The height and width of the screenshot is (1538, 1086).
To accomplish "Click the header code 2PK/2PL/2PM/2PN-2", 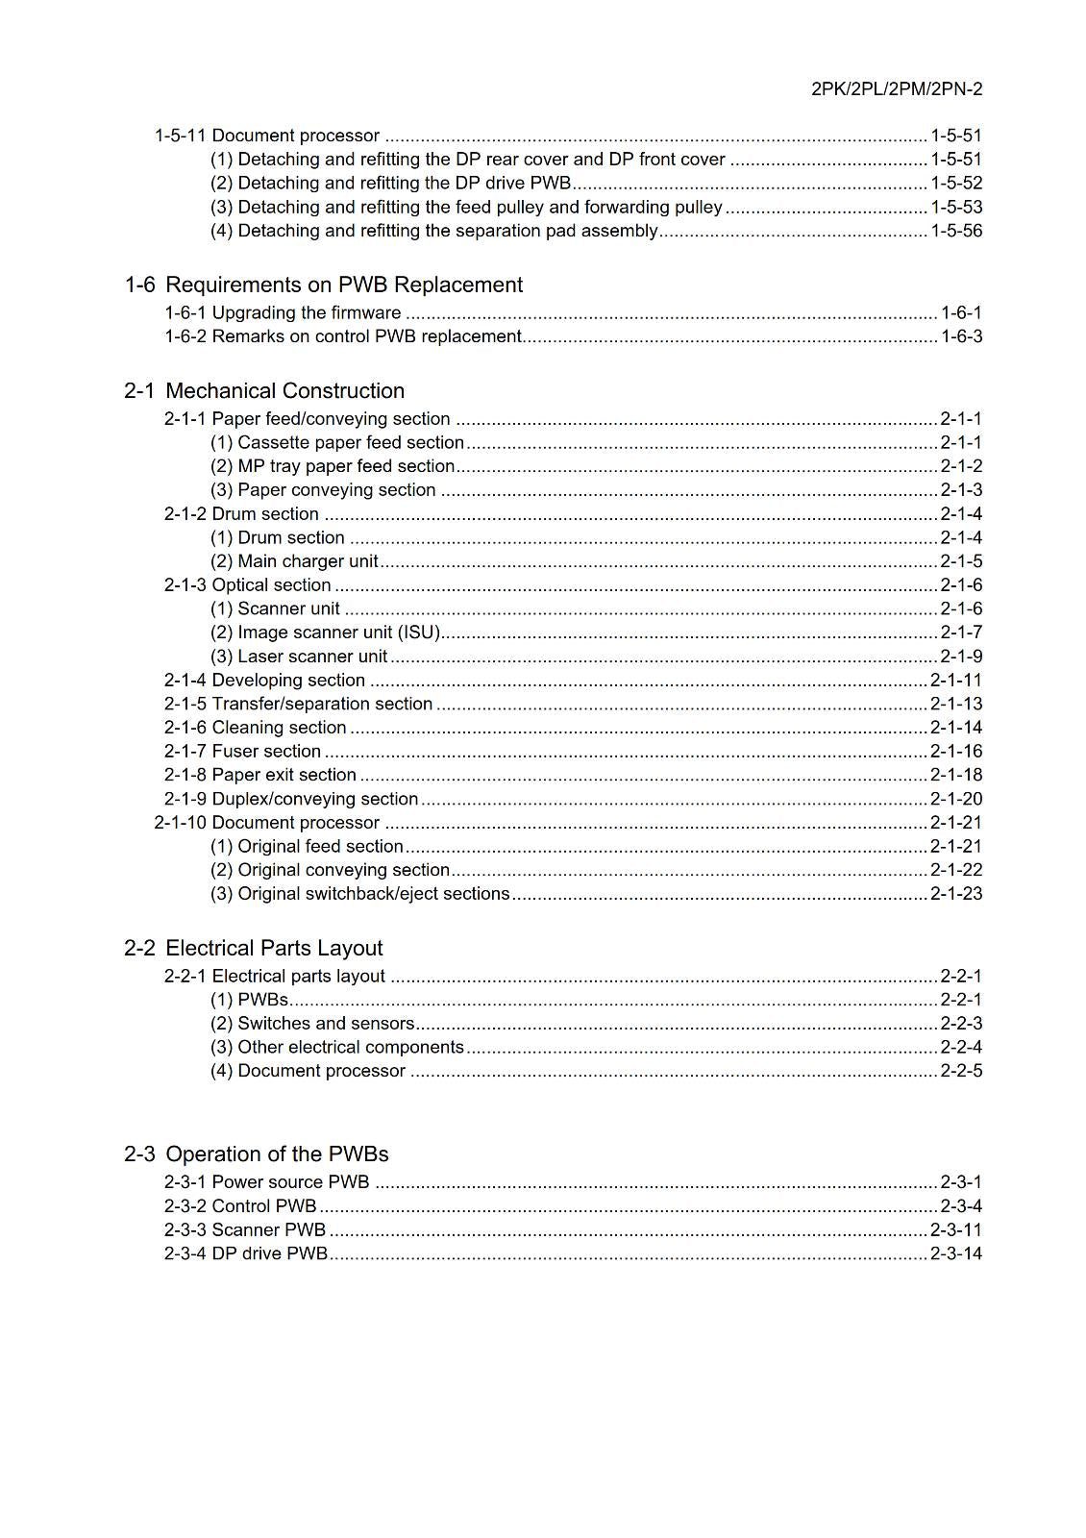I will point(896,89).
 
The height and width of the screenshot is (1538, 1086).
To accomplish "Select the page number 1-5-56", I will point(955,231).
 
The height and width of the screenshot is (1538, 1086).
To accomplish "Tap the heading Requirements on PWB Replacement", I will point(344,285).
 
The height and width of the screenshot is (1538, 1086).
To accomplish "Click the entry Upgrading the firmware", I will point(283,312).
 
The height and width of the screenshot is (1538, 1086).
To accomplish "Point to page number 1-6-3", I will point(960,336).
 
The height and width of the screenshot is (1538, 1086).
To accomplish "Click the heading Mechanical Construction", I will point(284,390).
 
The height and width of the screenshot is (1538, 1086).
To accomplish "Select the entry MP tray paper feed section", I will point(333,466).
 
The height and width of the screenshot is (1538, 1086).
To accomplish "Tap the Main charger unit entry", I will point(294,561).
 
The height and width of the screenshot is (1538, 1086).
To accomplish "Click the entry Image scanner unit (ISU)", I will point(325,633).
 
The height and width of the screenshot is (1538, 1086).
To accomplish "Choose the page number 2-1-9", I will point(960,657).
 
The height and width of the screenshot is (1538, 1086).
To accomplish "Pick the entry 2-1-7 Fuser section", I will point(242,751).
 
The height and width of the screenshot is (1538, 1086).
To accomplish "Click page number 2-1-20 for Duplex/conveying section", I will point(955,799).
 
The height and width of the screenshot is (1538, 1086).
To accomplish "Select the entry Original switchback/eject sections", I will point(359,893).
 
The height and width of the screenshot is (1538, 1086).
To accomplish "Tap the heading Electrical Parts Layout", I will point(274,948).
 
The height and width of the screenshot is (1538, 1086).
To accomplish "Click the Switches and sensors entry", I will point(312,1023).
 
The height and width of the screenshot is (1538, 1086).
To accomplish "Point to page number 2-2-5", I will point(960,1071).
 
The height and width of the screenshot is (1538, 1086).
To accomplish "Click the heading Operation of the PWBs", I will point(277,1153).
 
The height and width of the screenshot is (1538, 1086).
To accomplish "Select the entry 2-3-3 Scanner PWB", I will point(244,1229).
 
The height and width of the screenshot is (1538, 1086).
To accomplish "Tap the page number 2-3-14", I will point(955,1253).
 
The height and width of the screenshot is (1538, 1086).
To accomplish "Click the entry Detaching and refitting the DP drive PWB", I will point(390,183).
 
